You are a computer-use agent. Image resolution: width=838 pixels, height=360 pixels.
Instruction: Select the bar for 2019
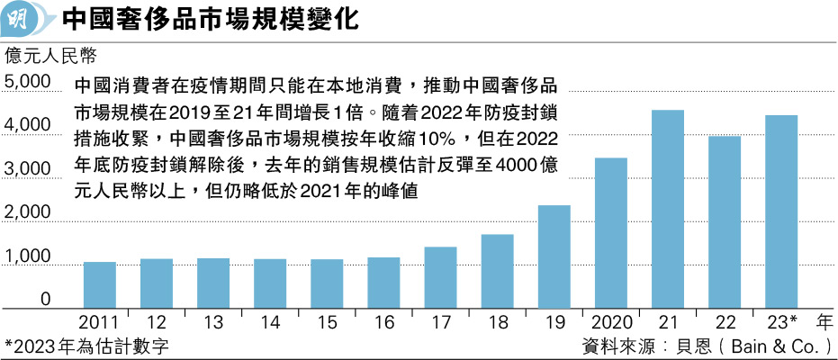pos(554,256)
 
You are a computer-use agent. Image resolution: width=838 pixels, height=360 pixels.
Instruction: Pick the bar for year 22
pos(724,221)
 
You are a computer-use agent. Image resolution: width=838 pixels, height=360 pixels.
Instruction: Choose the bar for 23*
pos(780,211)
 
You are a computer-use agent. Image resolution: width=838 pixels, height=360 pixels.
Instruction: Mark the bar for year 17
pos(440,277)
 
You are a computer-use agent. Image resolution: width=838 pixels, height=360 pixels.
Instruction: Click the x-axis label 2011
pos(99,321)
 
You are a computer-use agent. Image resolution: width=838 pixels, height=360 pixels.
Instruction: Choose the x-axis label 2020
pos(610,321)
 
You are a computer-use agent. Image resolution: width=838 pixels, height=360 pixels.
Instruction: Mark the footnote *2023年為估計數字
pos(86,345)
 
